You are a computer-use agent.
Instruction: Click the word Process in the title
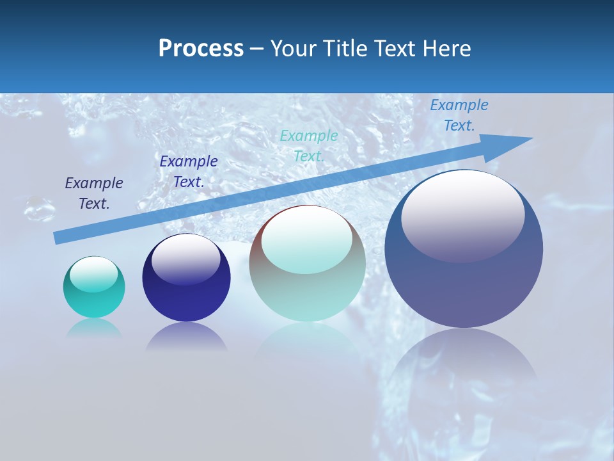(201, 49)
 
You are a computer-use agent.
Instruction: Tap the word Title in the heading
(342, 49)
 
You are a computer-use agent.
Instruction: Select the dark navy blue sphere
(186, 301)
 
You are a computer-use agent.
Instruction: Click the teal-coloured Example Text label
(309, 145)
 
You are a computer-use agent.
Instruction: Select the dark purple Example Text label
(94, 193)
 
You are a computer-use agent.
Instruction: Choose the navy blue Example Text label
(189, 172)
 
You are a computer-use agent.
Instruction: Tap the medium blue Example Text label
(459, 115)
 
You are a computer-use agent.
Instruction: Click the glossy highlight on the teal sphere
(94, 274)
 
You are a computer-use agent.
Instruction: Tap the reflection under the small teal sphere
(94, 328)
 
